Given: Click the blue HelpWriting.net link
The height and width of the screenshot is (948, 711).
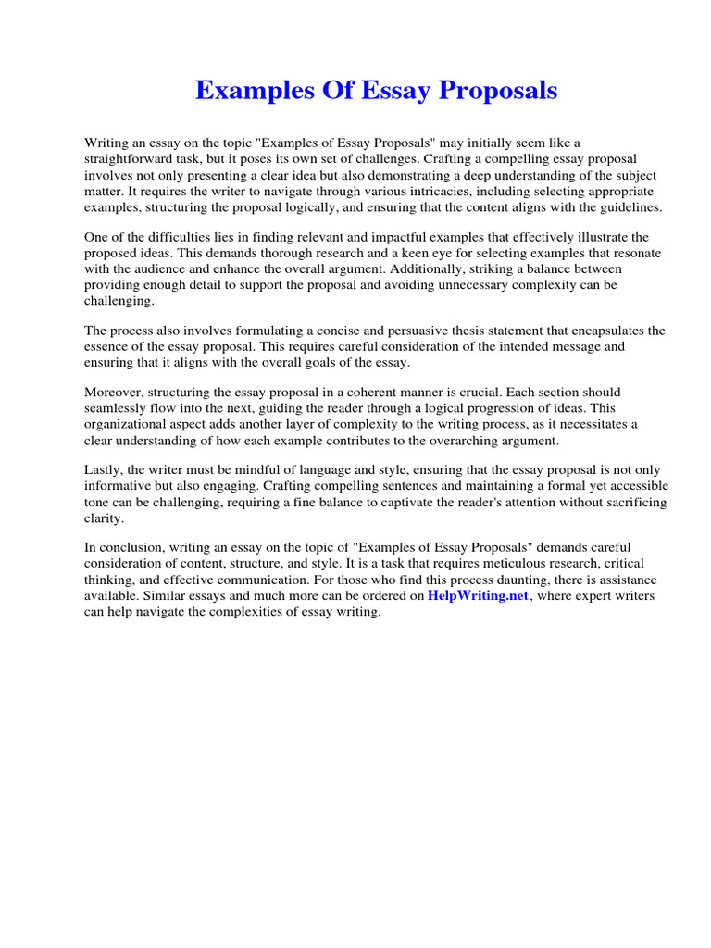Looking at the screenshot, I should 478,596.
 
